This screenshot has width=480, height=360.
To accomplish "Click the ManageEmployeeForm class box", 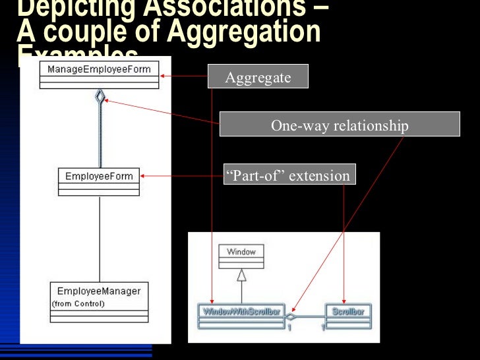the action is tap(99, 75).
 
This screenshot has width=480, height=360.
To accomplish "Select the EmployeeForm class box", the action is tap(99, 181).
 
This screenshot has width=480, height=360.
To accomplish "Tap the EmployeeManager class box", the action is tap(99, 302).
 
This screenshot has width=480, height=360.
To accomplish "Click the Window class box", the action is tap(241, 258).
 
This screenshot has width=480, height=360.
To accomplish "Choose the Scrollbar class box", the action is tap(349, 316).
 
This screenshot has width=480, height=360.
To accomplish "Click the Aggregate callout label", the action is tap(258, 78).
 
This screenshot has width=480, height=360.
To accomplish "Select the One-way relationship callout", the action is tap(340, 125).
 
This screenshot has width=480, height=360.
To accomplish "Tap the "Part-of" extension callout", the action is tap(289, 175).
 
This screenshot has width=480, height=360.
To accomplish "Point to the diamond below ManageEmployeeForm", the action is tap(100, 97).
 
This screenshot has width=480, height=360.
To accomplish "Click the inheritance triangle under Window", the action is tap(241, 276).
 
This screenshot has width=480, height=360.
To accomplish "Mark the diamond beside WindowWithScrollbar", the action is tap(289, 316).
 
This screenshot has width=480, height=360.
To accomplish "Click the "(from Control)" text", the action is tap(78, 304).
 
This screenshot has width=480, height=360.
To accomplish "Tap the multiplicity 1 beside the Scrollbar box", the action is tap(322, 327).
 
